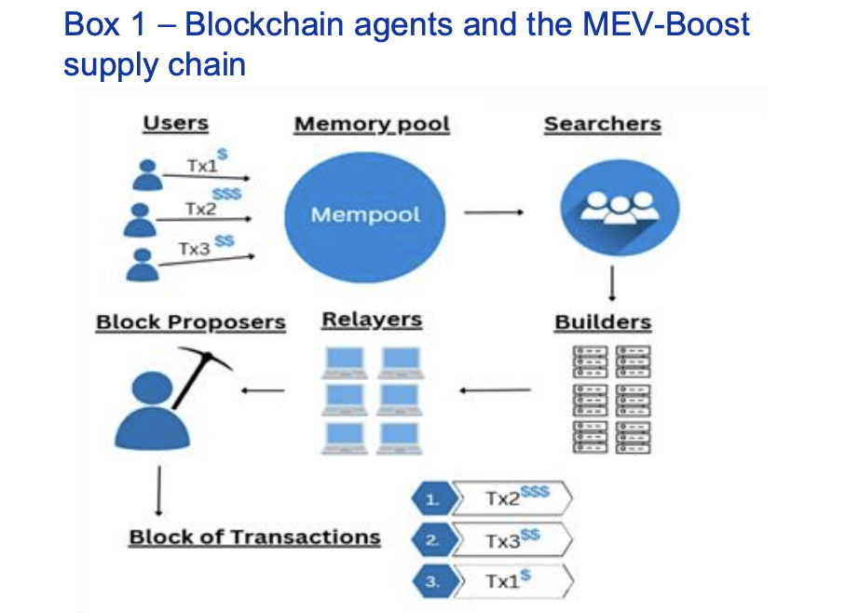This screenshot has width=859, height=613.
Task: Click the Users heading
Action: [x=175, y=124]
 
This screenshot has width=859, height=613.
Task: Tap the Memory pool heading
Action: [x=372, y=125]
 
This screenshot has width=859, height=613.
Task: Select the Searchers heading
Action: [x=602, y=125]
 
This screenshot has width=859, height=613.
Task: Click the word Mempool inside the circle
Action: [x=365, y=215]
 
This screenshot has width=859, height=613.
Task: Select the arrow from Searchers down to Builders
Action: [x=612, y=281]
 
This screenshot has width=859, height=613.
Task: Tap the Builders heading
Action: [x=603, y=322]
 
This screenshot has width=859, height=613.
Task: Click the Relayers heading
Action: [x=372, y=320]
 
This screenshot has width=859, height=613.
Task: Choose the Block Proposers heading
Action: [x=190, y=322]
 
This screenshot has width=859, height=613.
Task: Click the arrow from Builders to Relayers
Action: [x=495, y=389]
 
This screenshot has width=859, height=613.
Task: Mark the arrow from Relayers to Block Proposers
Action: [x=262, y=390]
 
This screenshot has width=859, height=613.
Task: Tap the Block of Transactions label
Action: [x=254, y=538]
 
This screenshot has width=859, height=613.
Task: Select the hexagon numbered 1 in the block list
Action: [x=430, y=499]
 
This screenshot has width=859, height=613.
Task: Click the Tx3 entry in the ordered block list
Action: [x=511, y=540]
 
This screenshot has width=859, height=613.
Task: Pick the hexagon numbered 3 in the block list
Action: [x=430, y=582]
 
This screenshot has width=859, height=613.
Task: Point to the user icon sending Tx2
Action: [x=142, y=220]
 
